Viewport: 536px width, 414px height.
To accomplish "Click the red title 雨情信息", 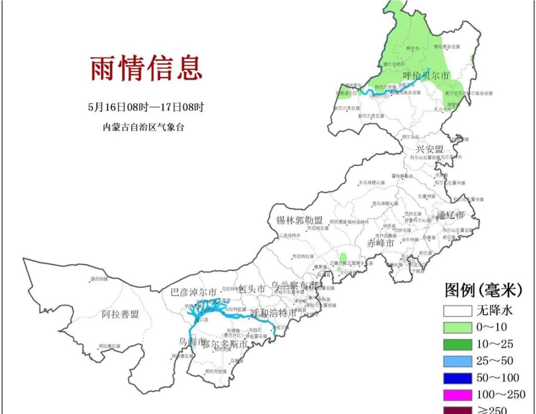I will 146,68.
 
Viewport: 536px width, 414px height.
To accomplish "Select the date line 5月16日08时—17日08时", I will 146,107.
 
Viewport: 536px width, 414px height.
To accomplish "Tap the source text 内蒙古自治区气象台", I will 143,127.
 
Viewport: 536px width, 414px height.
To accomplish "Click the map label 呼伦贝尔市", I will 425,76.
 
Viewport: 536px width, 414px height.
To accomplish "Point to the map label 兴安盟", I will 429,149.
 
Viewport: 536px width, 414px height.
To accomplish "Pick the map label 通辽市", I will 451,215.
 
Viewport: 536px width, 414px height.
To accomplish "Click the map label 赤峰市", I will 381,243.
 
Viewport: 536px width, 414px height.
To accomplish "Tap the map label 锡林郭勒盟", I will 299,220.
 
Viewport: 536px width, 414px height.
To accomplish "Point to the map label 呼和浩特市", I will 273,313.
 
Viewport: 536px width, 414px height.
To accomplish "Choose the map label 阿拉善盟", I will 120,314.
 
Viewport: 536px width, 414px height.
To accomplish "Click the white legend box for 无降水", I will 457,311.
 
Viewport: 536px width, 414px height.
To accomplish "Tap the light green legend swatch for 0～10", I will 457,328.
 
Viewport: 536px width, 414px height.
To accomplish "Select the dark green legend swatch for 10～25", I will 457,345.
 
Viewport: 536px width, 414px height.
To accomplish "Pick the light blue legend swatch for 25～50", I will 457,361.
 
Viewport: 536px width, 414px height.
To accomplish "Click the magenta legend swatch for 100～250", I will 457,395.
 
